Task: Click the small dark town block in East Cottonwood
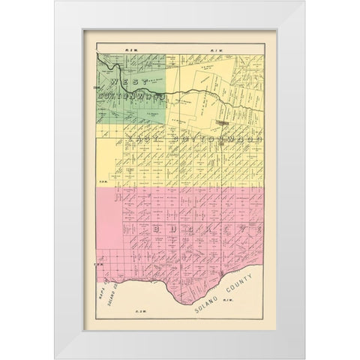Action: click(x=223, y=121)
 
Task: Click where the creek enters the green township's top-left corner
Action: click(x=98, y=58)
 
